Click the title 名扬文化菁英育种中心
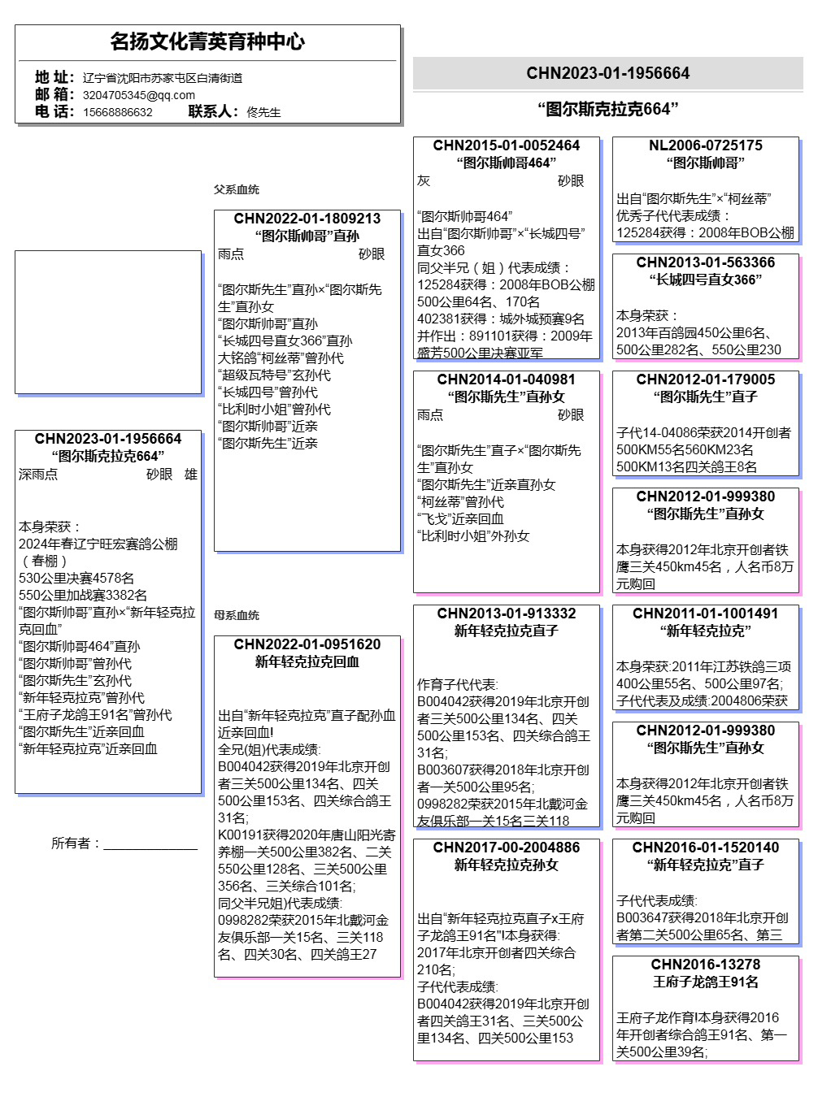207,41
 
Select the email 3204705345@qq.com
139,95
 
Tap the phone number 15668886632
118,112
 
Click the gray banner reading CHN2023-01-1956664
607,73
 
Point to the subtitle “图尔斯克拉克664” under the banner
607,109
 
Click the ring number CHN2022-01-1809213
307,219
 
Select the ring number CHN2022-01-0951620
307,644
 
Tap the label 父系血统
237,189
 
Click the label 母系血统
237,615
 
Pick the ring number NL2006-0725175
705,145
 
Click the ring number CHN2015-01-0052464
506,145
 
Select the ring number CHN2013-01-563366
705,262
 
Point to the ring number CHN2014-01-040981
506,379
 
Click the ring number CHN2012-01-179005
705,379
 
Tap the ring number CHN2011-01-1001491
705,614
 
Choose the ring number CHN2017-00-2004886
506,848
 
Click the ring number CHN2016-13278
705,965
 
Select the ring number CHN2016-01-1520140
705,848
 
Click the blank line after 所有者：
150,844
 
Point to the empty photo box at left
108,323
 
